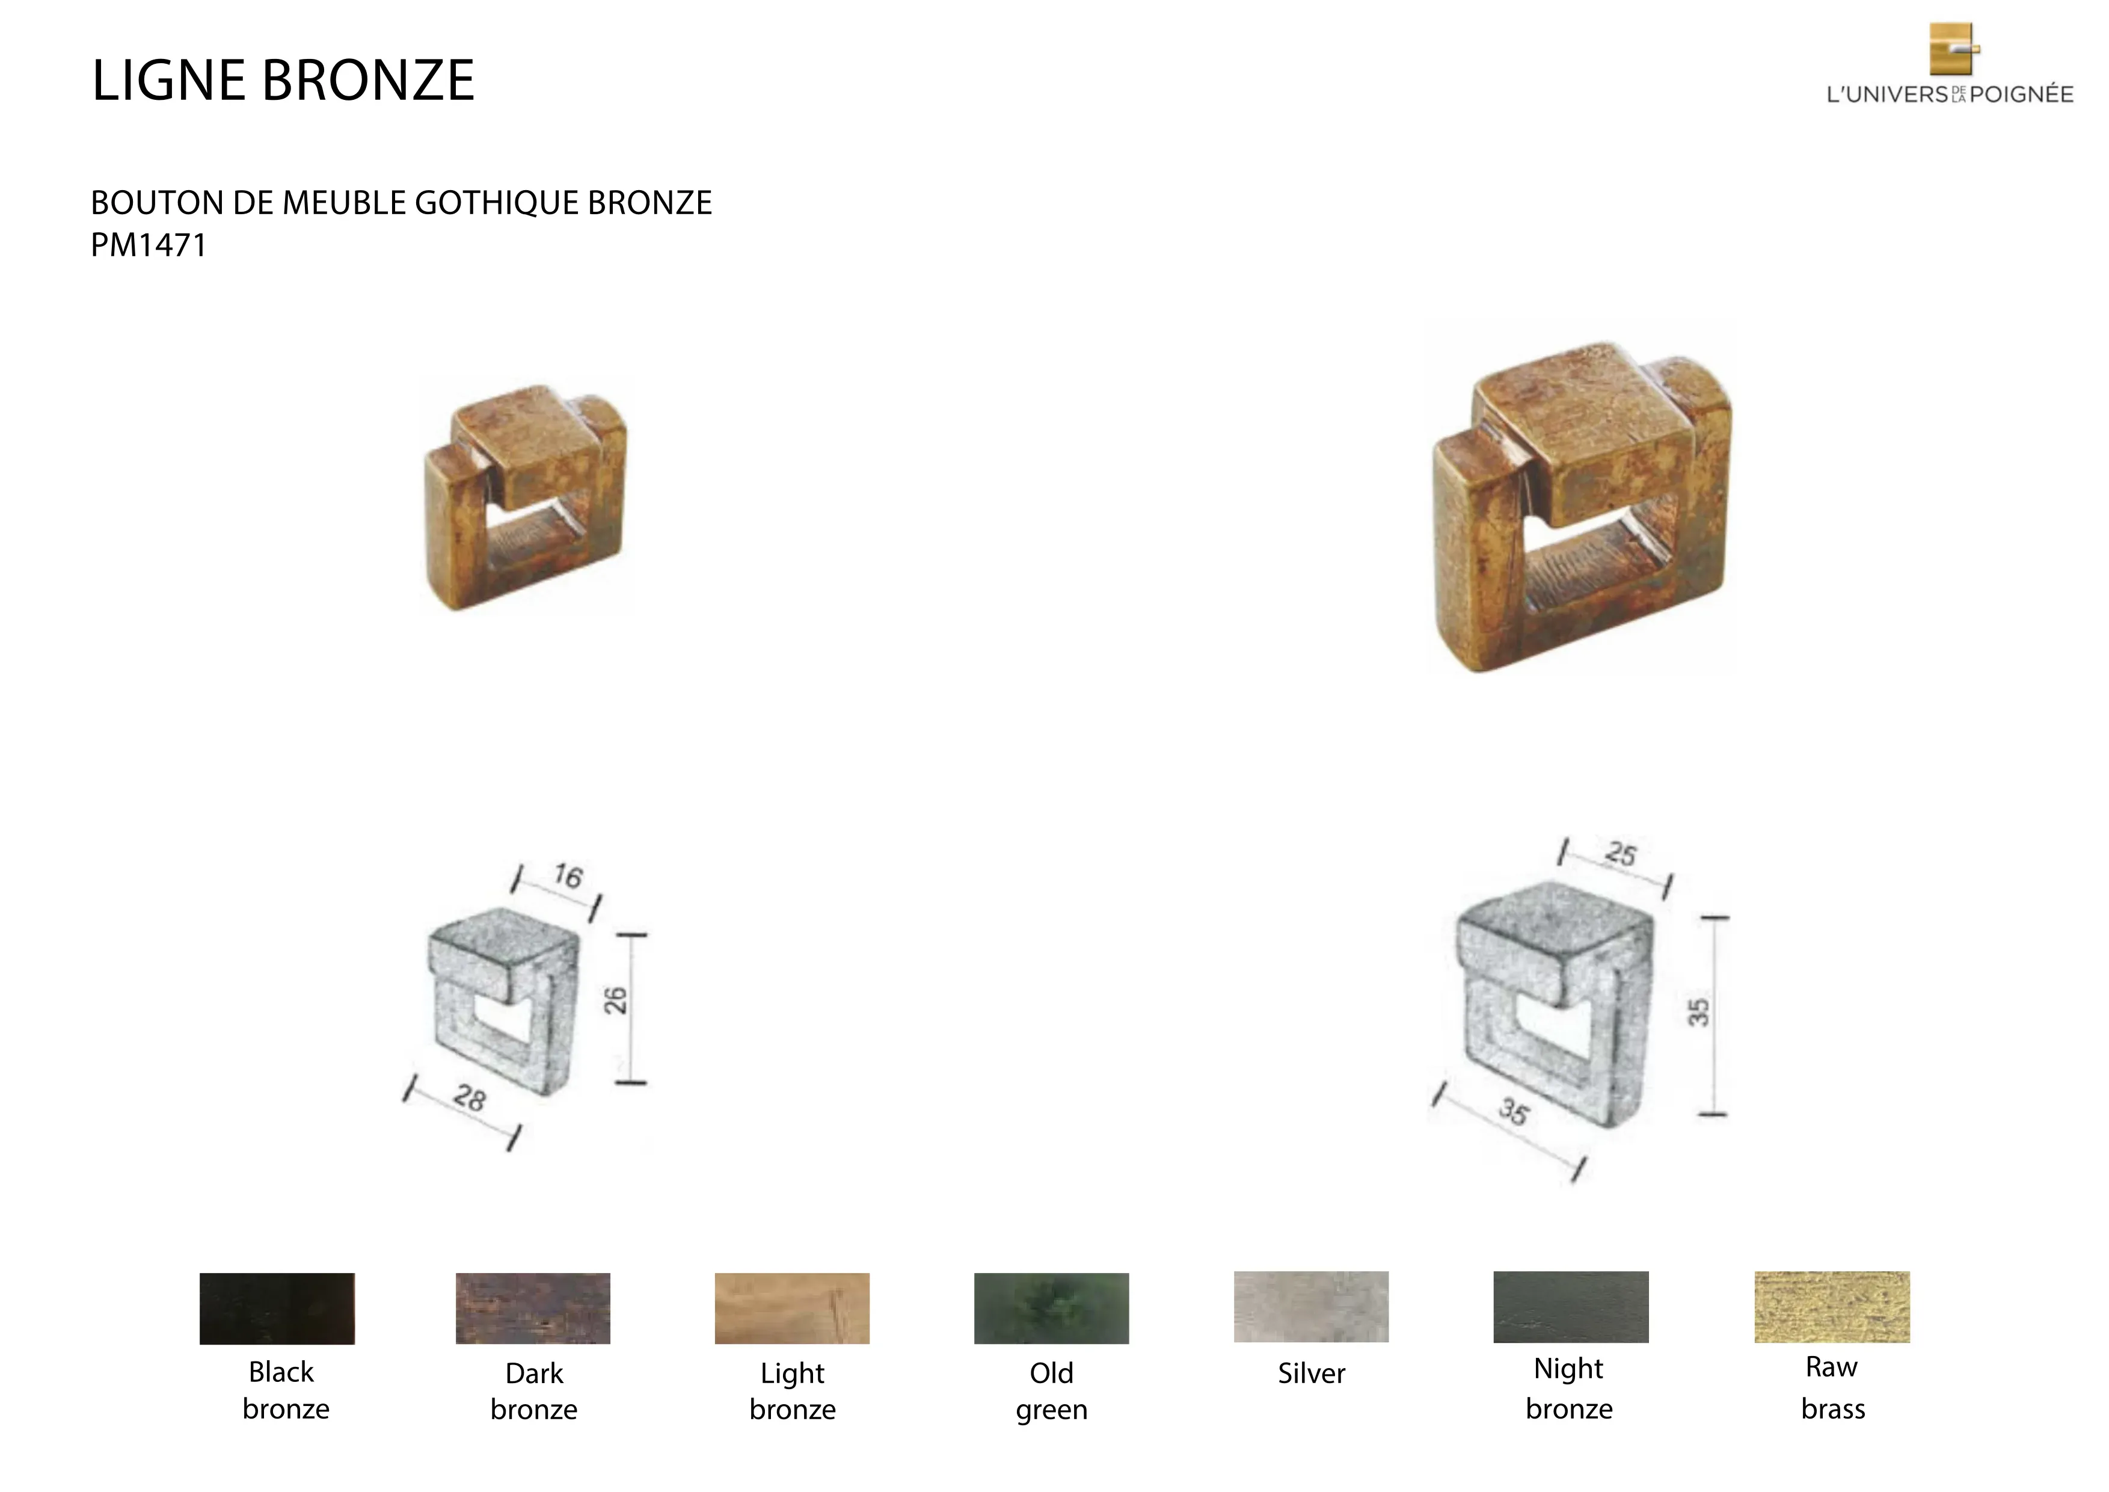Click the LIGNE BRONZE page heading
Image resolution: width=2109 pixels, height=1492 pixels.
tap(283, 80)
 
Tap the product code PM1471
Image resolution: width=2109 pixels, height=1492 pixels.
tap(149, 245)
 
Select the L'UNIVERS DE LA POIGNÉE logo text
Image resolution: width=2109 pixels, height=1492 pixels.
tap(1949, 94)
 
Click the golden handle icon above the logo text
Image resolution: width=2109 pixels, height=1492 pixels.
tap(1953, 49)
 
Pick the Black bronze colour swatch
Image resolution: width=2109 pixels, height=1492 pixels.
tap(277, 1309)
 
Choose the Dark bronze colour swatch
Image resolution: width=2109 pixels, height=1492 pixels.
tap(533, 1309)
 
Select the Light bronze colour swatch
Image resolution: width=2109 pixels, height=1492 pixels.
tap(792, 1309)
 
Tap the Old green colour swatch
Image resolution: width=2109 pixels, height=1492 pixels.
tap(1051, 1309)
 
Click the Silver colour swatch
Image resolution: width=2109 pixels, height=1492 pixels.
tap(1311, 1307)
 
